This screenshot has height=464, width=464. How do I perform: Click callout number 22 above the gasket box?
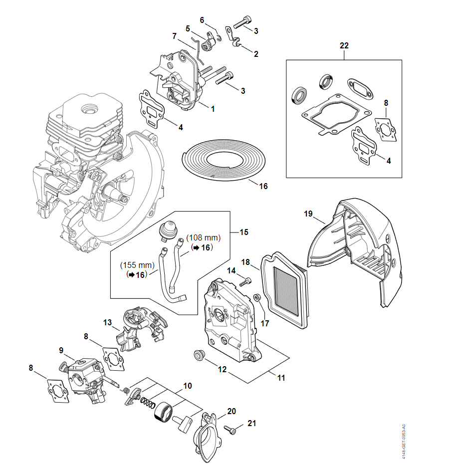(344, 45)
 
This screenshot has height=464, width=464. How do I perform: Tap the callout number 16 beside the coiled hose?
(263, 186)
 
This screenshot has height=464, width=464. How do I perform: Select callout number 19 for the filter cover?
(308, 214)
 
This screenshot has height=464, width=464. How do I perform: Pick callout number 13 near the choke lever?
(108, 322)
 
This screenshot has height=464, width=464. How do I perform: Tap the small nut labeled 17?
(256, 298)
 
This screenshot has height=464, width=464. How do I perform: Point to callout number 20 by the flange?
(232, 411)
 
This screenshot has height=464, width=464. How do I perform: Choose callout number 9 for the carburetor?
(61, 351)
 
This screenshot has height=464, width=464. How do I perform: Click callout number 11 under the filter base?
(281, 378)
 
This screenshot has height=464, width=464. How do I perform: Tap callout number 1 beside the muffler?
(213, 108)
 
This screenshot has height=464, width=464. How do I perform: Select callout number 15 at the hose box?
(244, 232)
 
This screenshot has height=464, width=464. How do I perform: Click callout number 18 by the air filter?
(245, 262)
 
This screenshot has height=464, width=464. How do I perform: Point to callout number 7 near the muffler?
(174, 36)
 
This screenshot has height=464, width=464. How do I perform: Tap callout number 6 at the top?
(202, 20)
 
